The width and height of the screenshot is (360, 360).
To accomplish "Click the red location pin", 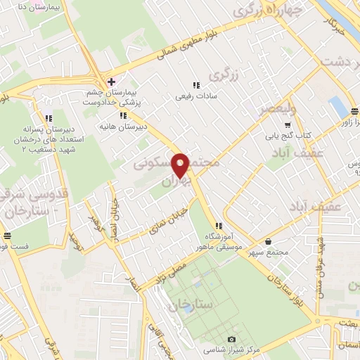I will [x=181, y=165].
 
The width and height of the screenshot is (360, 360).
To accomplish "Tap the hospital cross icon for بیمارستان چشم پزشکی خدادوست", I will [x=110, y=82].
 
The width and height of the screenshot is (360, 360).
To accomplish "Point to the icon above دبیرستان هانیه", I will [x=123, y=115].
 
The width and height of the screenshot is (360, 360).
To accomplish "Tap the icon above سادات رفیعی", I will [x=195, y=84].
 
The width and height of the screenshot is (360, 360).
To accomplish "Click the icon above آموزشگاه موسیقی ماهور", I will [x=219, y=226].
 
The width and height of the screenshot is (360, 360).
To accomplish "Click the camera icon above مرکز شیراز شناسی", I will [x=231, y=339].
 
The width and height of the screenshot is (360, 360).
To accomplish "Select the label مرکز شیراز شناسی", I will [x=231, y=349].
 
